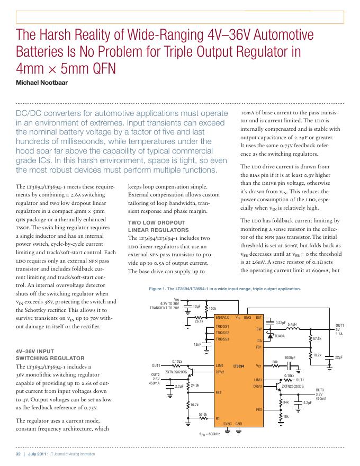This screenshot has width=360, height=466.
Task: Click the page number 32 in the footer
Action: coord(17,454)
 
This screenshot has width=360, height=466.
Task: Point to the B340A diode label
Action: coord(280,336)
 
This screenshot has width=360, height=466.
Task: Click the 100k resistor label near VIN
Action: coord(213,308)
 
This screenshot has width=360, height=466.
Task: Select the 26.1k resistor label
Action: coord(199,321)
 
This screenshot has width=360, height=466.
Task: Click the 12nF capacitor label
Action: coord(198,345)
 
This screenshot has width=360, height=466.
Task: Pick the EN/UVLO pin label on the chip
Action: coord(223,317)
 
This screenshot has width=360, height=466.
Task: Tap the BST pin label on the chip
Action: coord(259,317)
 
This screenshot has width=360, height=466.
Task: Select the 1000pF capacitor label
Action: coord(290,357)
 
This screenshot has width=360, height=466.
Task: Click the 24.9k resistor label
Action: coord(195,385)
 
